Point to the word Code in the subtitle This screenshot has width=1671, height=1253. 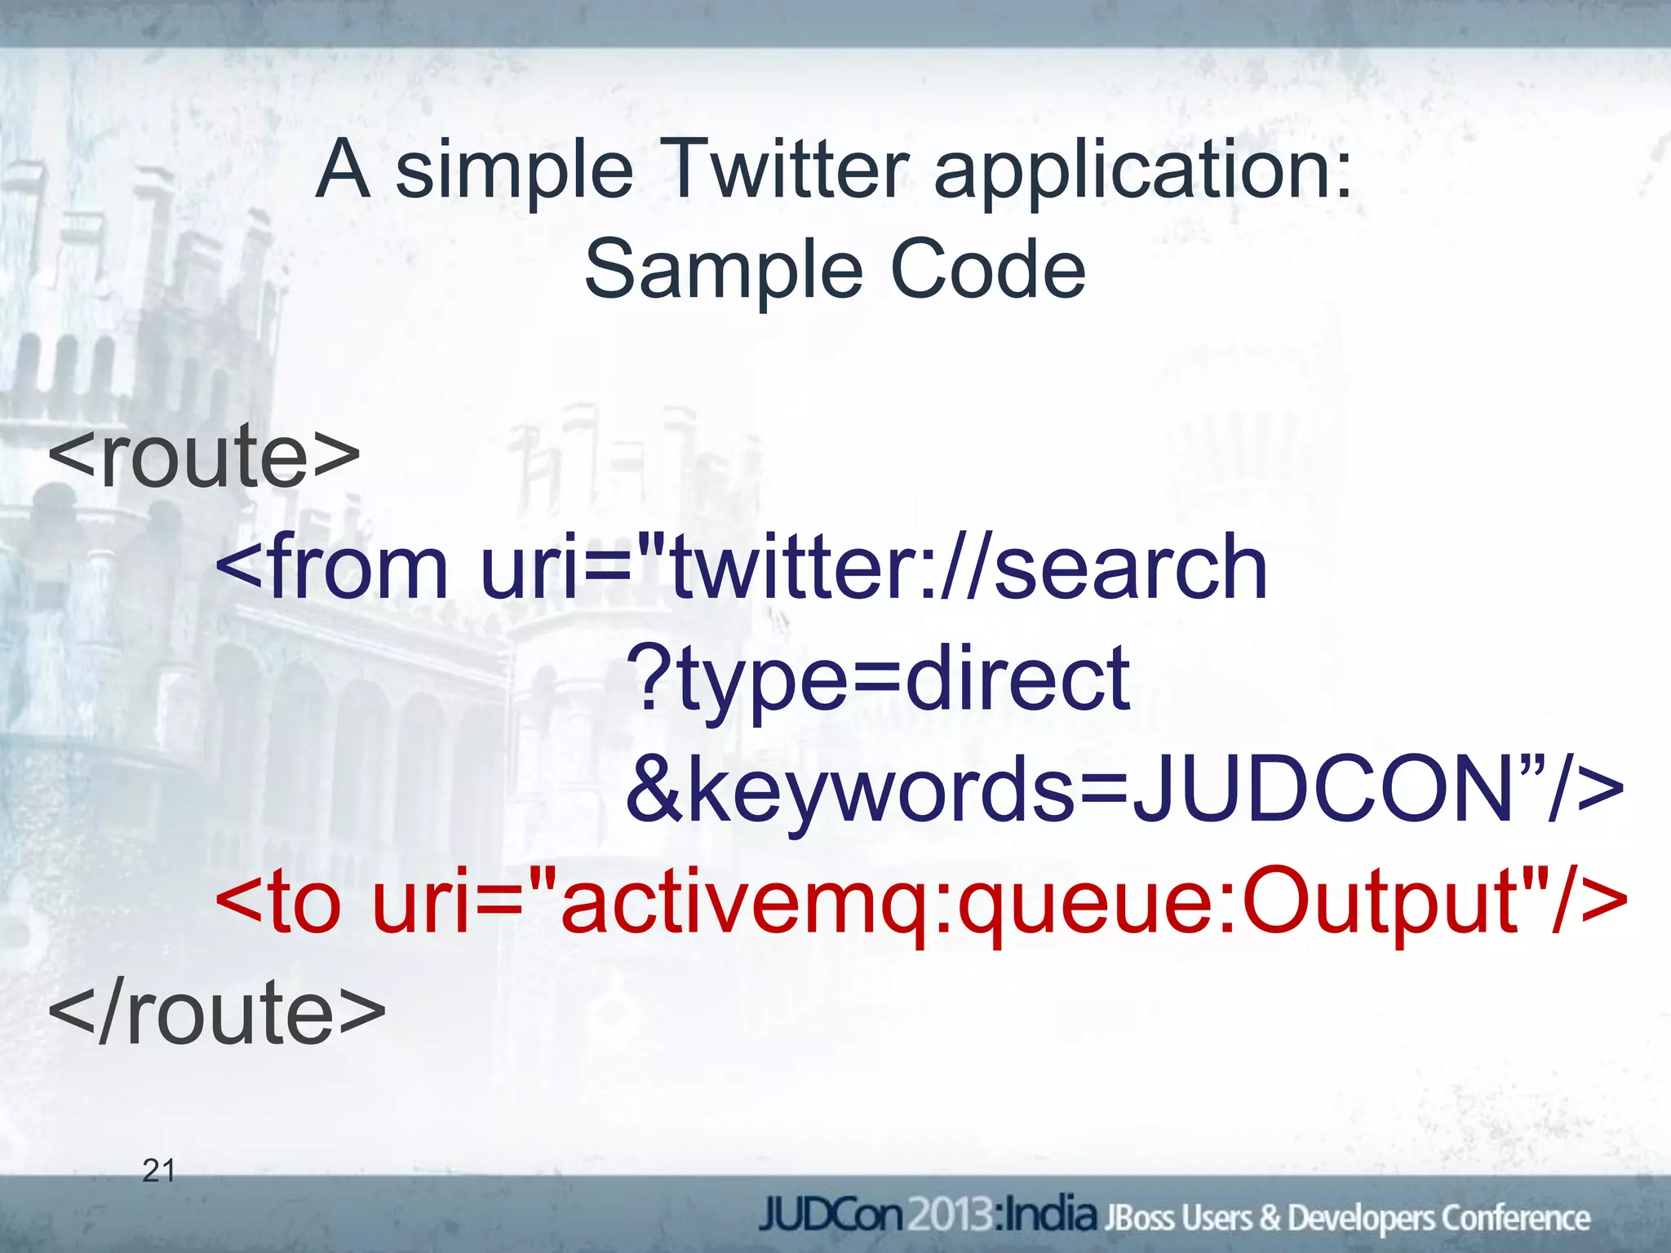(x=987, y=269)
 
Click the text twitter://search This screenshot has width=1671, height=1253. (x=968, y=566)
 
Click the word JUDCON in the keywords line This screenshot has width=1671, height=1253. (x=1322, y=790)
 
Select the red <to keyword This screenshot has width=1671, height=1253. (x=277, y=902)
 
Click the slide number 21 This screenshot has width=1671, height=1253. (x=158, y=1171)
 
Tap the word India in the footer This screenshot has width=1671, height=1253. (x=1049, y=1215)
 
